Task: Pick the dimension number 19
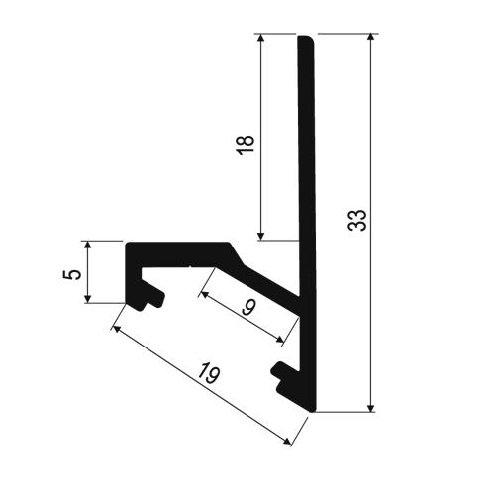[207, 373]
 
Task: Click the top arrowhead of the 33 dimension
[371, 41]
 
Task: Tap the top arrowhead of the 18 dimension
[261, 41]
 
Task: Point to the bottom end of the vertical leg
[306, 411]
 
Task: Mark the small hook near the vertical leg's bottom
[281, 373]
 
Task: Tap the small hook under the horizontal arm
[152, 295]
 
